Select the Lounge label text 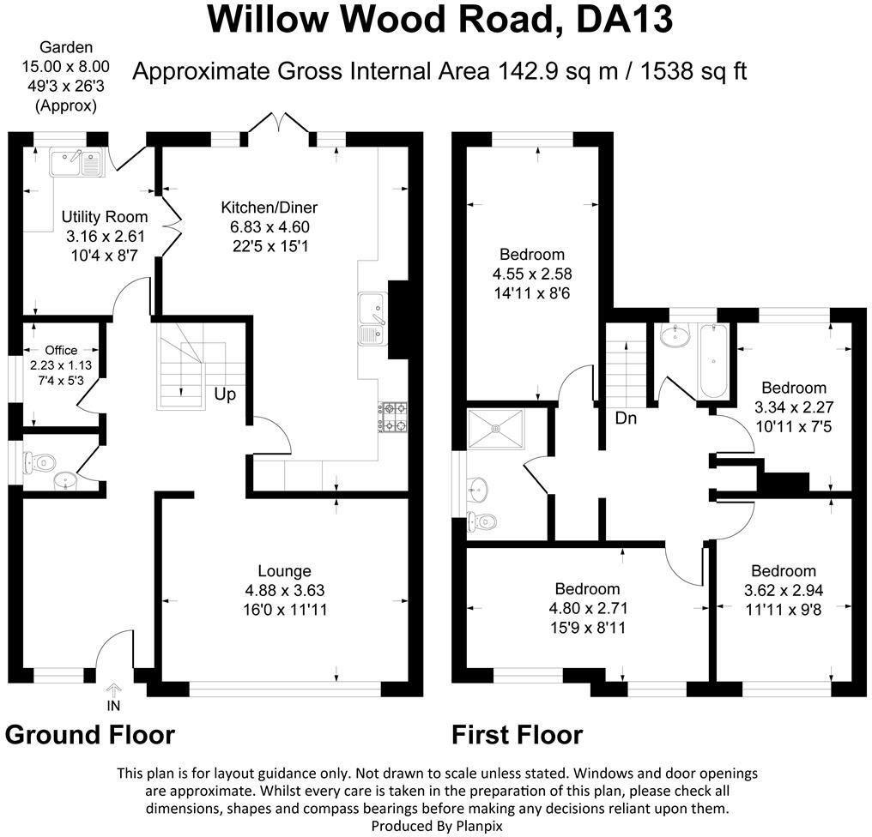[284, 571]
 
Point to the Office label [61, 350]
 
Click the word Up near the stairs [226, 395]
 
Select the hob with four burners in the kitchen [394, 417]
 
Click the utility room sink [76, 161]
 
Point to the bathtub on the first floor [712, 362]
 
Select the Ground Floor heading [90, 735]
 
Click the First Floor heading [517, 735]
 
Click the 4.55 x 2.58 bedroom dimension [532, 274]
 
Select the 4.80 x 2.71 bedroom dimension [587, 609]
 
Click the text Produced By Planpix [437, 825]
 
